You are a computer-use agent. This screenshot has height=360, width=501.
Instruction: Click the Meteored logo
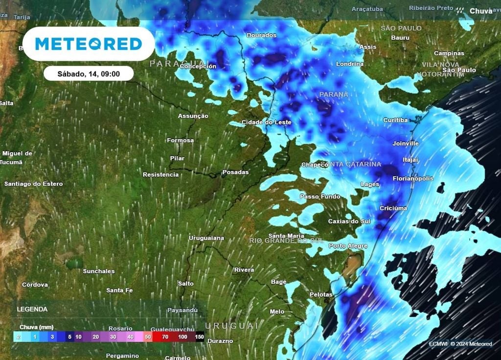point(89,44)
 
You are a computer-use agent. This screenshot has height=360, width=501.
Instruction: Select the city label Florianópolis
point(413,179)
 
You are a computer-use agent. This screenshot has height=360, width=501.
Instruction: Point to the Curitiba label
point(395,120)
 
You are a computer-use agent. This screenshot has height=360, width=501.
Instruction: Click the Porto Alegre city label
point(348,246)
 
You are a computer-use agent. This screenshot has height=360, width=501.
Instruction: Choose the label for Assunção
point(193,116)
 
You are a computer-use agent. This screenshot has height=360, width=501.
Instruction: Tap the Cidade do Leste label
point(267,122)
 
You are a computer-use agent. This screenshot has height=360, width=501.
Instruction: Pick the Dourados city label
point(261,35)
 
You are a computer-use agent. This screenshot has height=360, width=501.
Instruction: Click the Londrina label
point(350,64)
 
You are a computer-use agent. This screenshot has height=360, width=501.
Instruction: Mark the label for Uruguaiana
point(206,238)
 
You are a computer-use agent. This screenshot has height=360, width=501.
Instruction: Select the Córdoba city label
point(35,285)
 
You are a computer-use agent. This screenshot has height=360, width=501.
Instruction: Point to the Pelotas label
point(321,294)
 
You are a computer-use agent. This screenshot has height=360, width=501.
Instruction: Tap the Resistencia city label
point(160,175)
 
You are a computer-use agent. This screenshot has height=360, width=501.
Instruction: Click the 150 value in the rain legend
point(199,337)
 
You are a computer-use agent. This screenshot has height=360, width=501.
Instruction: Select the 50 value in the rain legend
point(148,337)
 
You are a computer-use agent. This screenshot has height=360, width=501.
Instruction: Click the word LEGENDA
point(32,309)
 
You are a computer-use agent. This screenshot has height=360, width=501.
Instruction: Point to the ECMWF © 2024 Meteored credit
point(460,344)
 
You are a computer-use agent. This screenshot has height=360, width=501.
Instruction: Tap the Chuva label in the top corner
point(480,11)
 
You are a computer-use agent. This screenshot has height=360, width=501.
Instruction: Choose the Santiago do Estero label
point(33,184)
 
